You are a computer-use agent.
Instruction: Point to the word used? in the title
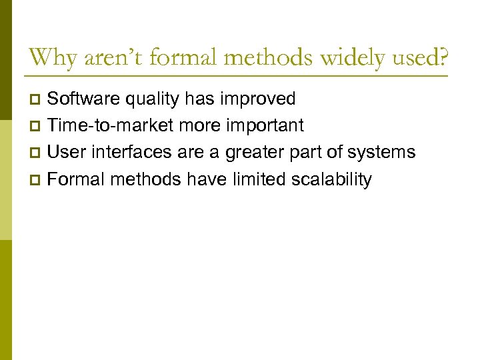418,57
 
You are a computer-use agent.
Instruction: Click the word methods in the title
270,57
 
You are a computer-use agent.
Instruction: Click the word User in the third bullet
65,153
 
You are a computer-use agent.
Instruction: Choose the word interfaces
125,153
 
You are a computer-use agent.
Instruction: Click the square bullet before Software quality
37,100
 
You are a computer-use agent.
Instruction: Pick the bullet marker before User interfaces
37,153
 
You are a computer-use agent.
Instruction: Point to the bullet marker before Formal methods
37,180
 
